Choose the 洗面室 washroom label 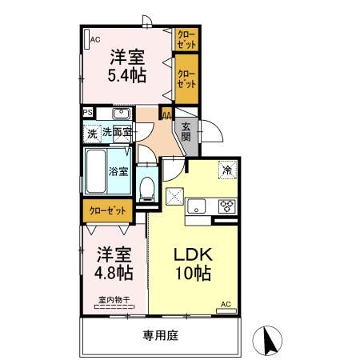[x=116, y=131]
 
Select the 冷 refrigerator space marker [x=227, y=170]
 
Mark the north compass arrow [x=267, y=342]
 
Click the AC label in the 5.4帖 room [x=95, y=38]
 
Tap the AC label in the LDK [x=225, y=305]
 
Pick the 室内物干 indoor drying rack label [x=114, y=301]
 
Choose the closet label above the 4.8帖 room [x=106, y=210]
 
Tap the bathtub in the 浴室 [x=96, y=169]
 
